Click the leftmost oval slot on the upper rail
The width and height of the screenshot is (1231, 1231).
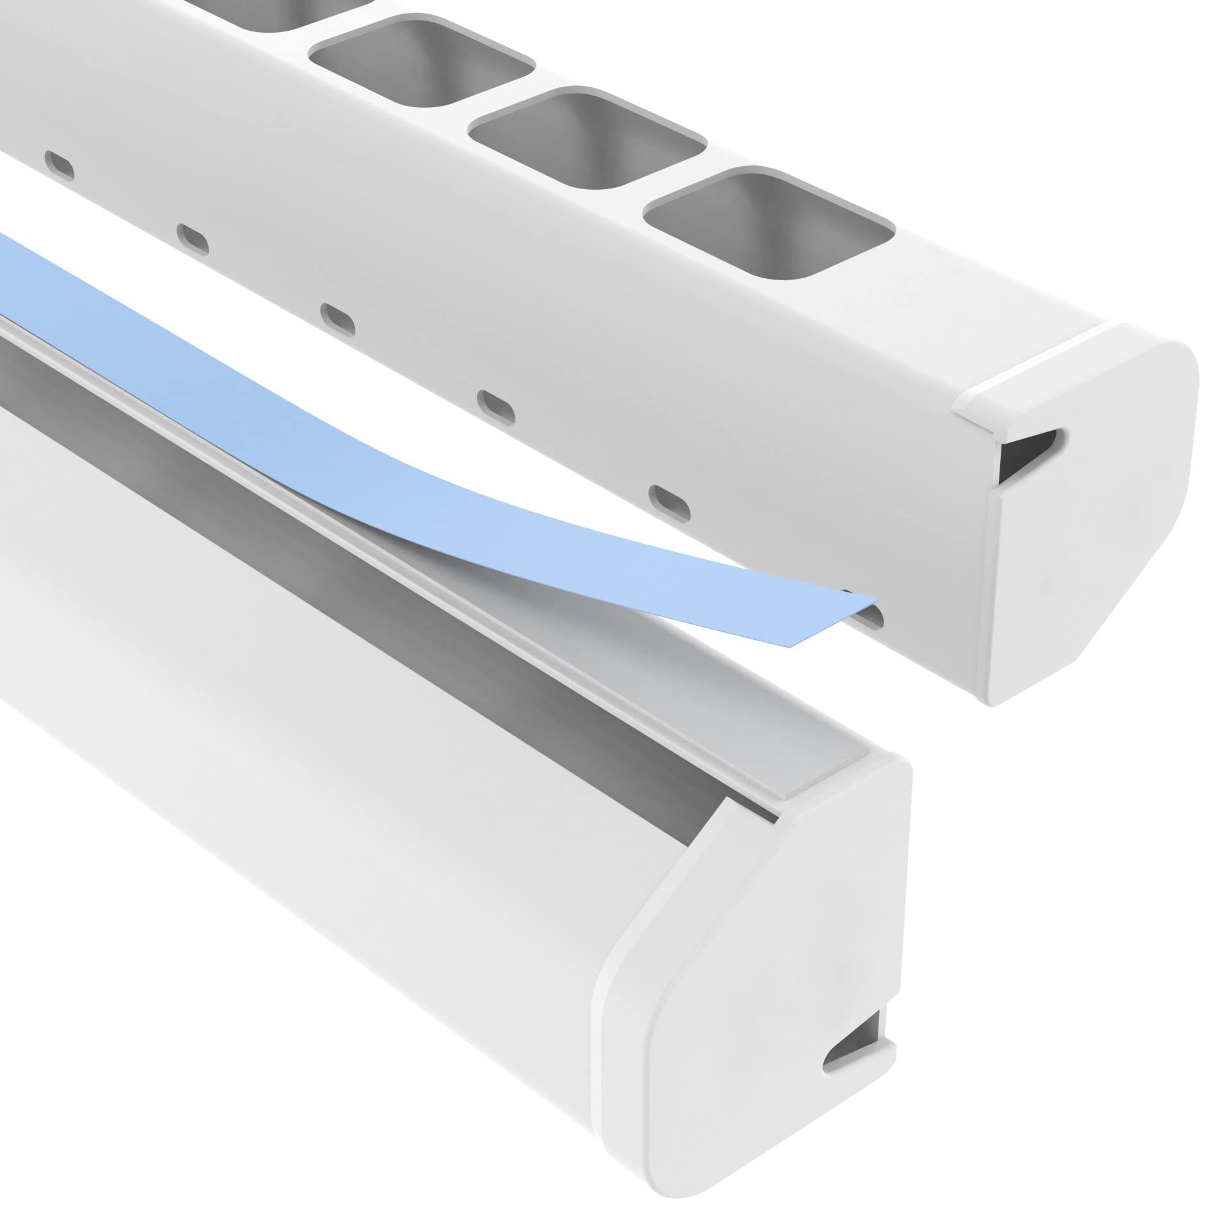pyautogui.click(x=59, y=166)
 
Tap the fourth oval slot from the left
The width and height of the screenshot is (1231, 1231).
pyautogui.click(x=497, y=407)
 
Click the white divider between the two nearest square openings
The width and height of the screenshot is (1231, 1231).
pyautogui.click(x=673, y=173)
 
